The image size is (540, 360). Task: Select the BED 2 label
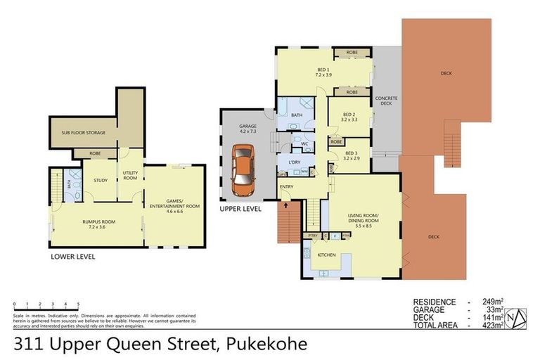click(x=349, y=117)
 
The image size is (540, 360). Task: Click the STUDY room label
click(x=101, y=180)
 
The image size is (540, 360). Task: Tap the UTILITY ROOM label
click(x=130, y=175)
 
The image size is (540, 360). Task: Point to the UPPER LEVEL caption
click(x=240, y=209)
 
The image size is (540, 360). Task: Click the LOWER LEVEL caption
click(x=73, y=257)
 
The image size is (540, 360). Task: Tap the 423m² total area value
click(x=492, y=325)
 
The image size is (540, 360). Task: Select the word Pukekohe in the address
click(x=275, y=344)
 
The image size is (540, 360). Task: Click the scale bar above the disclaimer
click(x=46, y=306)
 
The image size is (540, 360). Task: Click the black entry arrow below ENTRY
click(x=286, y=205)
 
